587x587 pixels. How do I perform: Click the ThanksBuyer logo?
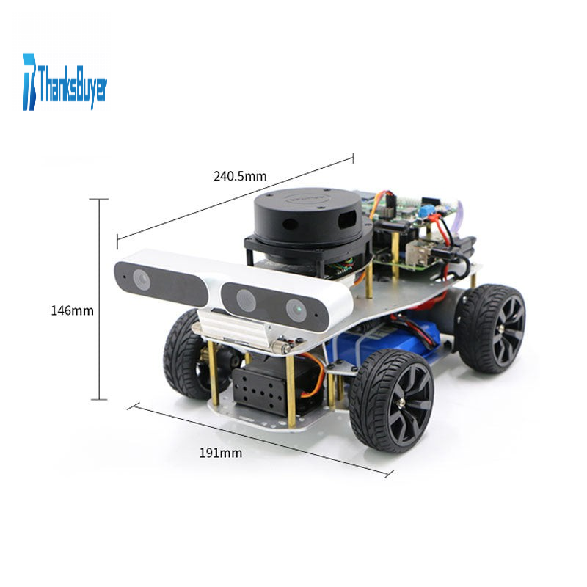pos(65,82)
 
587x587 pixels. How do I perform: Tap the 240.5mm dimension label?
pos(240,176)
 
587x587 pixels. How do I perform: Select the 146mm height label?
pos(72,310)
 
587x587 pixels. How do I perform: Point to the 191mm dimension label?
pos(221,453)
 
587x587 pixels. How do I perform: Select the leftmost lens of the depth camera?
pos(142,280)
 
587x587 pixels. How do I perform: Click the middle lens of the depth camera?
pos(246,300)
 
